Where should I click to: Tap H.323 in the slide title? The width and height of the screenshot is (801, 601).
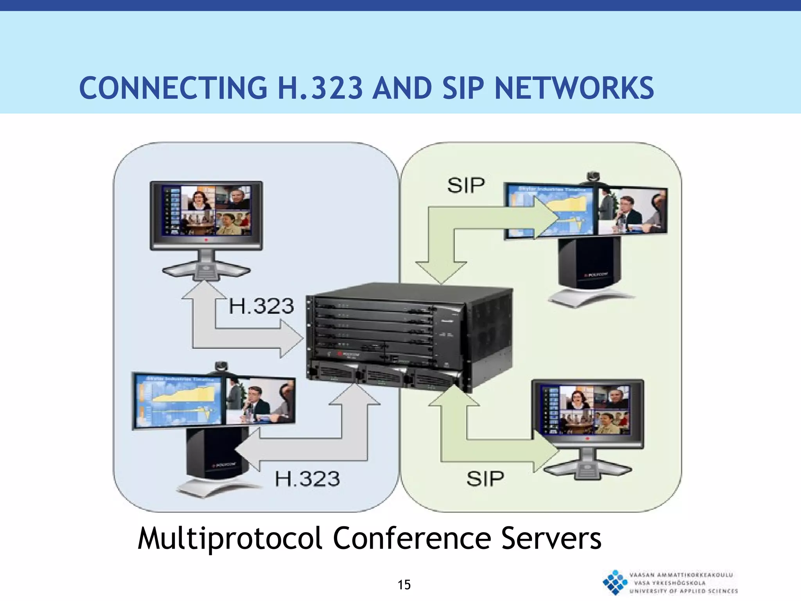320,88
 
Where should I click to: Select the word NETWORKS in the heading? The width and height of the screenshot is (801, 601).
574,88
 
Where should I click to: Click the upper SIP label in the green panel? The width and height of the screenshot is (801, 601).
466,185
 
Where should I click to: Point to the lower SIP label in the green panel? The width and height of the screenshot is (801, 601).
485,479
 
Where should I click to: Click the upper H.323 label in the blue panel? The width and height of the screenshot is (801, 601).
261,306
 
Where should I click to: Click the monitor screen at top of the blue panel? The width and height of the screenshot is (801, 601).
206,211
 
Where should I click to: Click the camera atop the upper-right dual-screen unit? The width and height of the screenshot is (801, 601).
593,176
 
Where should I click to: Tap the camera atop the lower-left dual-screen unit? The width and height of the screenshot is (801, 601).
221,366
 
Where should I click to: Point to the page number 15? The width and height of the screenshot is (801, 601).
404,585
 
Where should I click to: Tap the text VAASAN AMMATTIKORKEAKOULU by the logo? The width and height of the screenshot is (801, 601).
681,575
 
